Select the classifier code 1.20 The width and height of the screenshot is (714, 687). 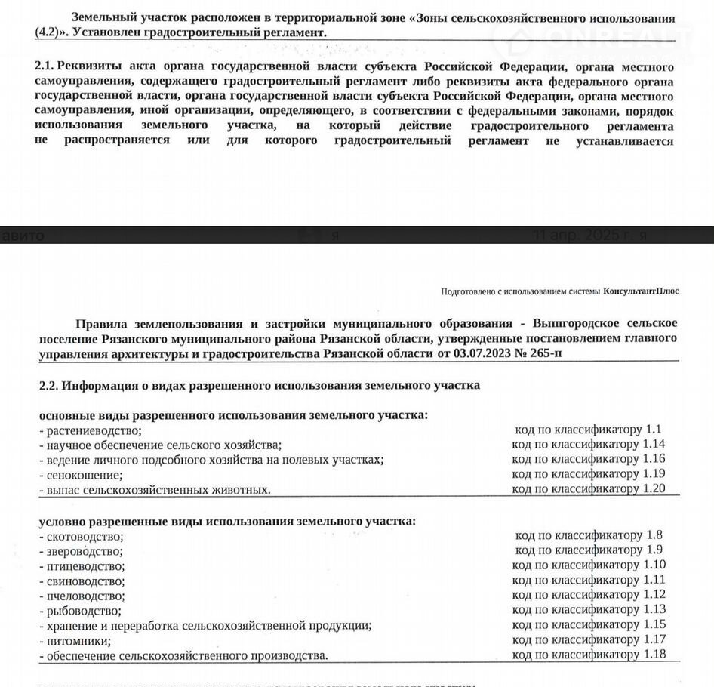pyautogui.click(x=654, y=489)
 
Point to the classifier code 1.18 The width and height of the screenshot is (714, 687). pyautogui.click(x=654, y=655)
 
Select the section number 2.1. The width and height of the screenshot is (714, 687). pyautogui.click(x=45, y=67)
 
